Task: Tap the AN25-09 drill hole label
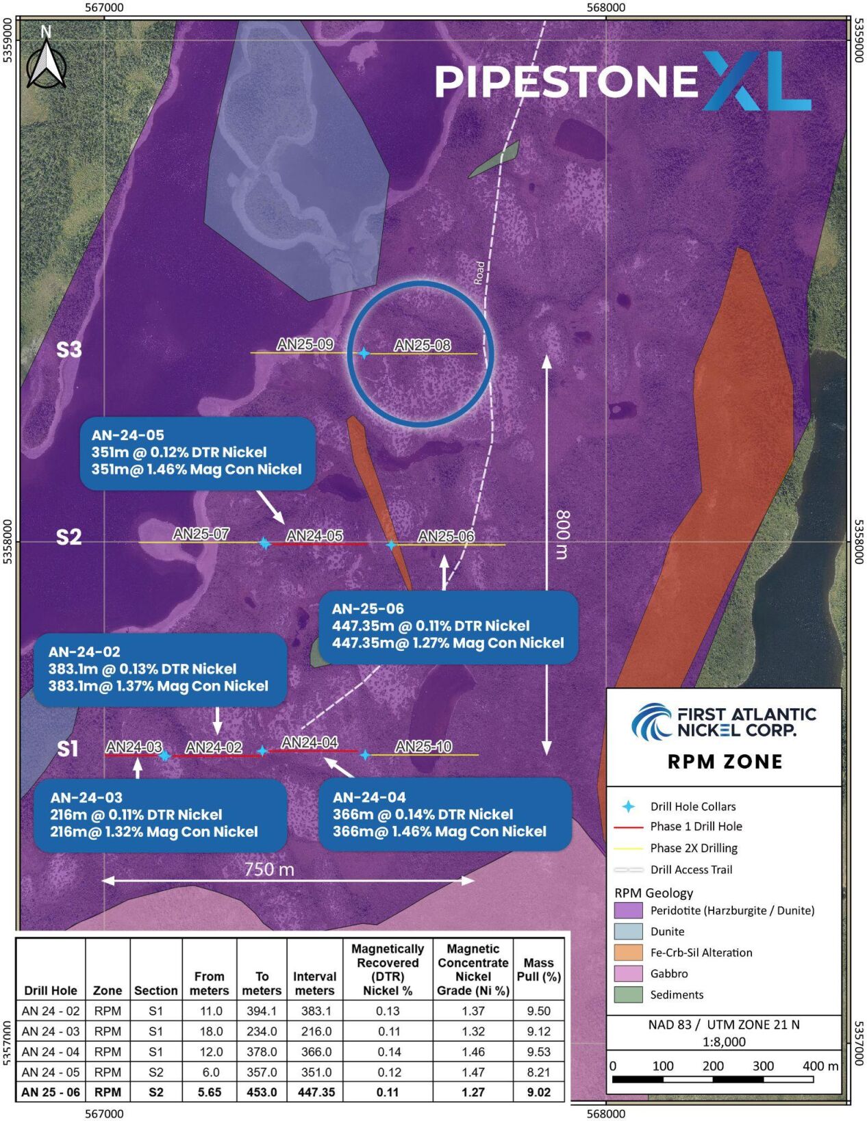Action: coord(305,345)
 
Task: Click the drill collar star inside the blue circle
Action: coord(364,353)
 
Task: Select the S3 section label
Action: coord(68,350)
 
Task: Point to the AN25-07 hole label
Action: coord(201,534)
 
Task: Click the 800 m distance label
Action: coord(562,534)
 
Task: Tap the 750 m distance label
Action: coord(269,869)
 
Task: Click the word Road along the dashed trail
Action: coord(479,272)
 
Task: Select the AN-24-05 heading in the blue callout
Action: coord(128,435)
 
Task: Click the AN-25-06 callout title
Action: coord(368,609)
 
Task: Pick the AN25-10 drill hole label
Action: coord(423,747)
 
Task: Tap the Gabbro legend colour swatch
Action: coord(628,973)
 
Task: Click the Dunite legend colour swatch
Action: coord(628,931)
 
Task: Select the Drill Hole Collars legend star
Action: coord(628,807)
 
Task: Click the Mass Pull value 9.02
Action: coord(538,1092)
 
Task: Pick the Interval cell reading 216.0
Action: coord(316,1031)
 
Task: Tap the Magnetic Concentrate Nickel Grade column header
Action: coord(473,969)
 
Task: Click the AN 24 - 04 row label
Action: coord(51,1052)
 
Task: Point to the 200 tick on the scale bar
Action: coord(713,1066)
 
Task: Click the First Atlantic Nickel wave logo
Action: coord(651,721)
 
